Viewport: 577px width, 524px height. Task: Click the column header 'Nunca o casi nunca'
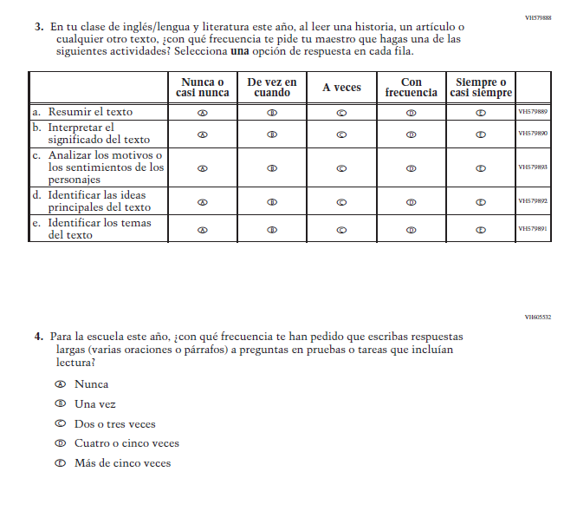point(203,87)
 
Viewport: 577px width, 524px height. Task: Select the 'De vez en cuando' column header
point(272,87)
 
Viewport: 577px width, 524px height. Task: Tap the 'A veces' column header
point(341,88)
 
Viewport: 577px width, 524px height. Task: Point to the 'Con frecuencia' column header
point(412,87)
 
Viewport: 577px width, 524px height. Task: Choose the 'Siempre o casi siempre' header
point(481,87)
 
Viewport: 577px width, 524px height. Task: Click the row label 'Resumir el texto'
point(90,112)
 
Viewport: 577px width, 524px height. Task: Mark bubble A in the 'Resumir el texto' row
point(203,113)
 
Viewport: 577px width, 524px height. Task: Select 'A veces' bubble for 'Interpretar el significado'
point(341,134)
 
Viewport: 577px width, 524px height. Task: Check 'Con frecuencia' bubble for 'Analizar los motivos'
point(412,168)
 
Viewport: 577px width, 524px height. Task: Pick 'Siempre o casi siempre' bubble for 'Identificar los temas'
point(481,230)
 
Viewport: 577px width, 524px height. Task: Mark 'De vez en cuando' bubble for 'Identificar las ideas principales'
point(272,202)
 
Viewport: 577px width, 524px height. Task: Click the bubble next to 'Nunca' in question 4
point(60,384)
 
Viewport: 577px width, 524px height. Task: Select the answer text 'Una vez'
point(95,404)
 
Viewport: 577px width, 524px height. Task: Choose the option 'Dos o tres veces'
point(115,424)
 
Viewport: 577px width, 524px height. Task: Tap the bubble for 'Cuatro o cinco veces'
point(60,443)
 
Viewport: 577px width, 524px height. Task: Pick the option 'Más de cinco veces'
point(122,463)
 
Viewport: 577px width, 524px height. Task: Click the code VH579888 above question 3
point(538,17)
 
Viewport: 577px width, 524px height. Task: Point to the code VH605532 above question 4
point(538,318)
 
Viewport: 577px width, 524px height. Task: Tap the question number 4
point(39,336)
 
